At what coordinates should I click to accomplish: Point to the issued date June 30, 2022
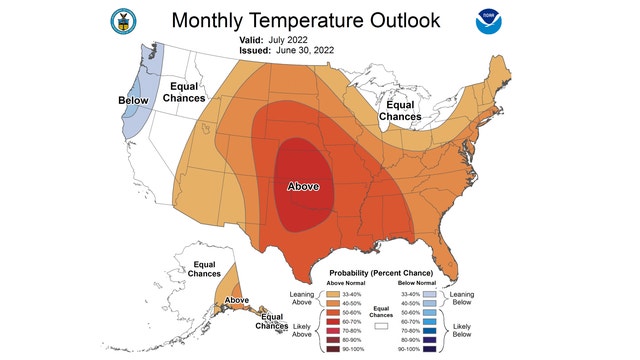point(301,49)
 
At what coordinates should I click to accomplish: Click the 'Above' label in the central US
point(303,186)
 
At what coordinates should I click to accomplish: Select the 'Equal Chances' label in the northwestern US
point(186,92)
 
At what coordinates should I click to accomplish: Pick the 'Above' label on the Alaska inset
point(237,300)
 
